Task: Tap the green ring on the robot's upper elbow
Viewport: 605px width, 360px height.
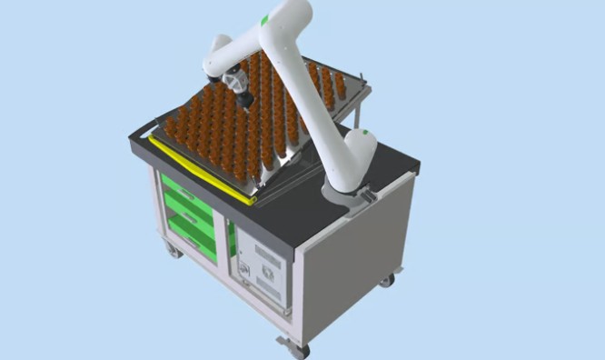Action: [x=264, y=19]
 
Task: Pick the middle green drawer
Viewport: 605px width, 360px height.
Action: [x=191, y=218]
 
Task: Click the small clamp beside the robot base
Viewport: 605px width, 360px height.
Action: [x=369, y=195]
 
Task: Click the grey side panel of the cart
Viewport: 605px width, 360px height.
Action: [x=354, y=259]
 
